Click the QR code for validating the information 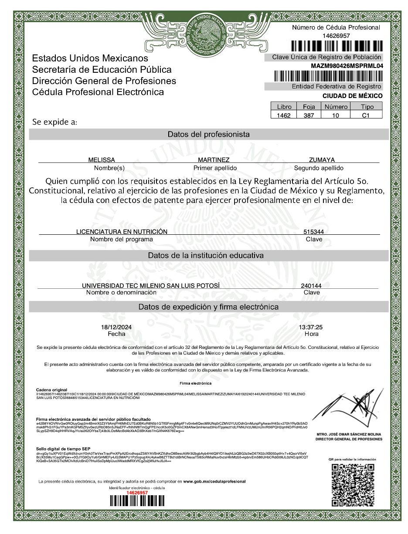point(353,484)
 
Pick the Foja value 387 point(309,115)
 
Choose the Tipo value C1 point(366,115)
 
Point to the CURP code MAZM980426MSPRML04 point(347,66)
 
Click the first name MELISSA point(102,160)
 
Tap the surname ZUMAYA point(322,160)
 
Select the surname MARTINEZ point(214,160)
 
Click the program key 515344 point(314,232)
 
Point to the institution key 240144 point(311,286)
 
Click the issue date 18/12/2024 point(116,327)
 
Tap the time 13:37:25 point(311,327)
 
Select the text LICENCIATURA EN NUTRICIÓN point(122,232)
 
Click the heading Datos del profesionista point(209,134)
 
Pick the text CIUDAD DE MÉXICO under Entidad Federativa point(353,96)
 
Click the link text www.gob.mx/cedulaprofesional point(214,481)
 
